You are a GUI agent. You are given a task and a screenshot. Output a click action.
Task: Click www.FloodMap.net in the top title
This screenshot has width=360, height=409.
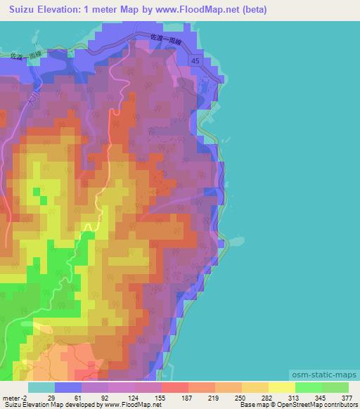click(200, 11)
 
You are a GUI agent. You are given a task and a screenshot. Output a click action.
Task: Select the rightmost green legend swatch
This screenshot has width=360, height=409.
click(335, 387)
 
